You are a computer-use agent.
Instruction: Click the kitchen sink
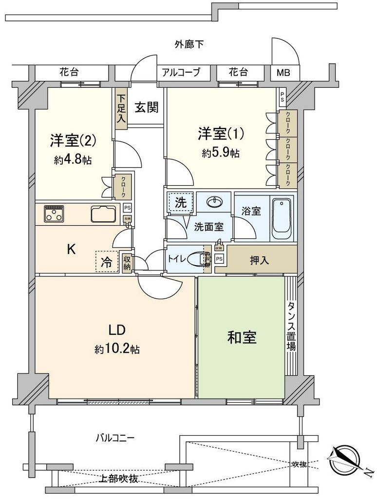point(103,213)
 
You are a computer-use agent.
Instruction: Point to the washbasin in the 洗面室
point(214,202)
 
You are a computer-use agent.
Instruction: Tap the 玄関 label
point(146,108)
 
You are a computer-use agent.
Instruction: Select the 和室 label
point(242,338)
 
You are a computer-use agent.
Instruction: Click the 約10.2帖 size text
point(117,349)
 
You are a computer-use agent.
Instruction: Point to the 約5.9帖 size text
point(220,153)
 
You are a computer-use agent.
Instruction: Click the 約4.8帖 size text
point(73,159)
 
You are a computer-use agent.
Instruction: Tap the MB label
point(283,73)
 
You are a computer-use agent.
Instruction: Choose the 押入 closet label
point(259,260)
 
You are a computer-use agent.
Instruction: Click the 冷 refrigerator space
point(106,262)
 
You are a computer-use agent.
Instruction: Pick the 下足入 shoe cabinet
point(121,109)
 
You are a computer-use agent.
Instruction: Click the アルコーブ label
point(181,73)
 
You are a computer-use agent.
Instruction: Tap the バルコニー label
point(114,437)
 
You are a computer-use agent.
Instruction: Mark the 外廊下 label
point(188,45)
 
